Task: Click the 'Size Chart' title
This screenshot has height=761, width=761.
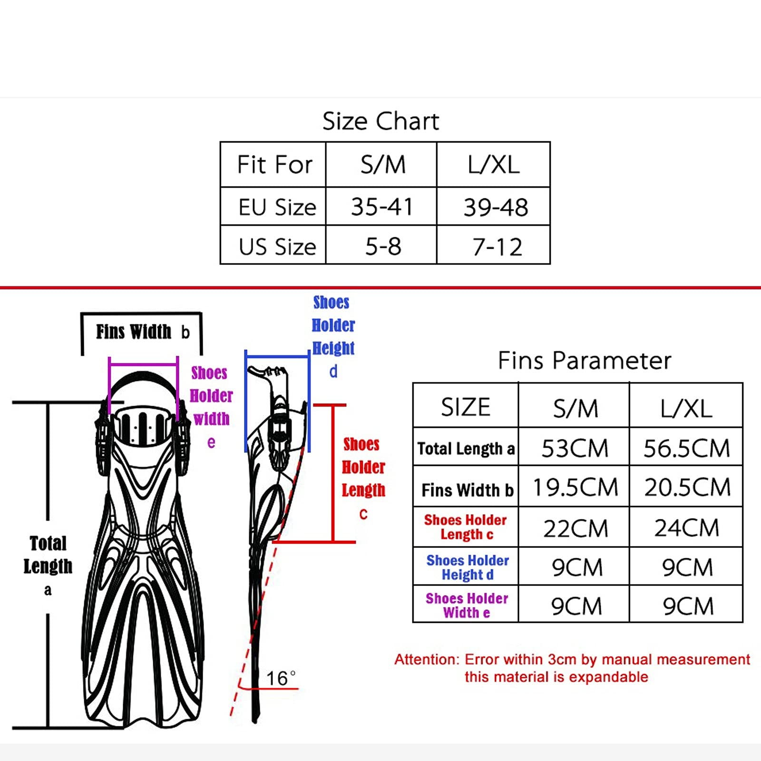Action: (380, 121)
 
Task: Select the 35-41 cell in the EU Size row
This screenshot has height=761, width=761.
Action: (381, 207)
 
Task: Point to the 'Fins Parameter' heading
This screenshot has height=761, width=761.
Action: (584, 360)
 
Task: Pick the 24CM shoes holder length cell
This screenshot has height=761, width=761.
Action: (686, 527)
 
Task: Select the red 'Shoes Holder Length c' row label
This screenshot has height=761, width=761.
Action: (466, 527)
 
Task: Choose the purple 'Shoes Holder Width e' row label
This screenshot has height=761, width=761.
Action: (467, 605)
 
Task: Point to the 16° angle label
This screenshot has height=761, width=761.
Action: (281, 678)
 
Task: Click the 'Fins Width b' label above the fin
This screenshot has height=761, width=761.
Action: (143, 332)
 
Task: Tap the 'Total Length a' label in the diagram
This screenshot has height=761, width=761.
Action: (48, 566)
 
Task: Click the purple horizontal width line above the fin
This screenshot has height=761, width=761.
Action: (143, 365)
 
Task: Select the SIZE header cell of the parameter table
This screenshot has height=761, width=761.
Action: (465, 407)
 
